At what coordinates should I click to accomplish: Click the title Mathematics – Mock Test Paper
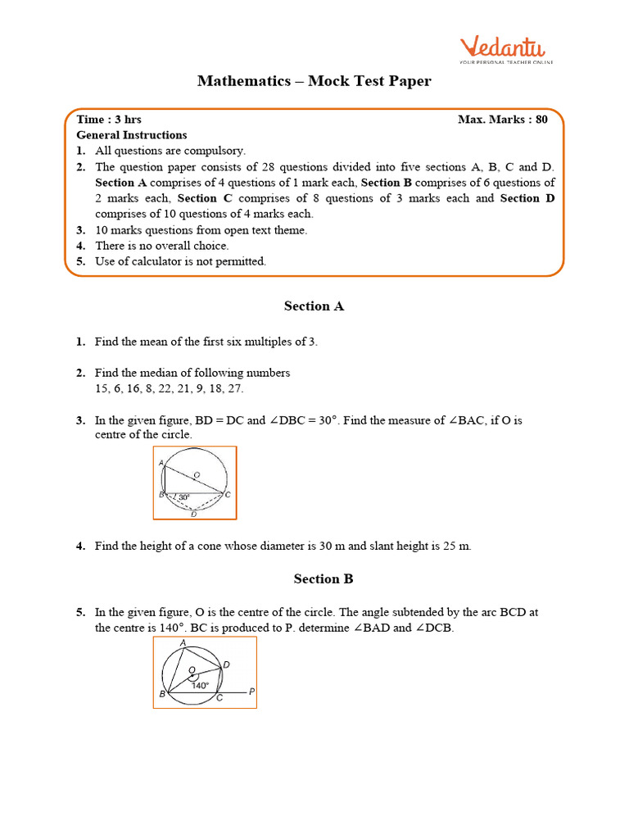point(314,81)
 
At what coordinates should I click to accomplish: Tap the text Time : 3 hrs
point(109,120)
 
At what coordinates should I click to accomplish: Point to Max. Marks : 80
point(502,120)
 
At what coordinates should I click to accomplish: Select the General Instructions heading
point(132,135)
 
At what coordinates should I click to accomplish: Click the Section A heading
point(314,306)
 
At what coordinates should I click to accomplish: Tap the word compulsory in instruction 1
point(215,151)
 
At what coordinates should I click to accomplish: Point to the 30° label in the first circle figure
point(184,497)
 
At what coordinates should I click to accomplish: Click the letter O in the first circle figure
point(197,474)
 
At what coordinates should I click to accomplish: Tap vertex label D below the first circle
point(193,514)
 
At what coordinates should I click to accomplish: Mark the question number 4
point(81,546)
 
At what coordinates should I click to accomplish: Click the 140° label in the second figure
point(201,686)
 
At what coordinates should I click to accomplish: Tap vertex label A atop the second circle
point(182,643)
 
